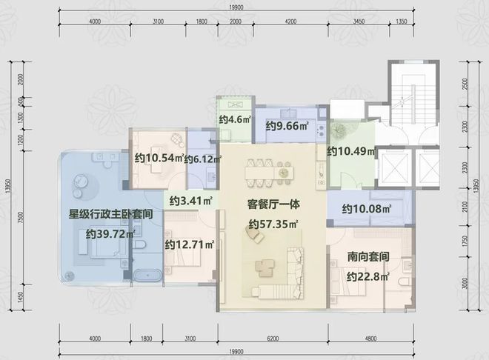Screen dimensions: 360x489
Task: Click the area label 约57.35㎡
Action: click(x=273, y=224)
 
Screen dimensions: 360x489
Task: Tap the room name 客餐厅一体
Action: click(x=273, y=201)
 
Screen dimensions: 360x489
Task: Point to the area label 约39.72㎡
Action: click(x=111, y=234)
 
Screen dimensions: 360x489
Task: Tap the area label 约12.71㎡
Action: click(x=190, y=244)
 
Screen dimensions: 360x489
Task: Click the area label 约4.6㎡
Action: click(x=234, y=119)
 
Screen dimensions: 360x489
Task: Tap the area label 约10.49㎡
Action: click(x=351, y=151)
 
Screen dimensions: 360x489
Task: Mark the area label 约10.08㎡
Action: click(x=367, y=209)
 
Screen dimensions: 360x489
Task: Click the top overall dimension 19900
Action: click(x=236, y=6)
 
